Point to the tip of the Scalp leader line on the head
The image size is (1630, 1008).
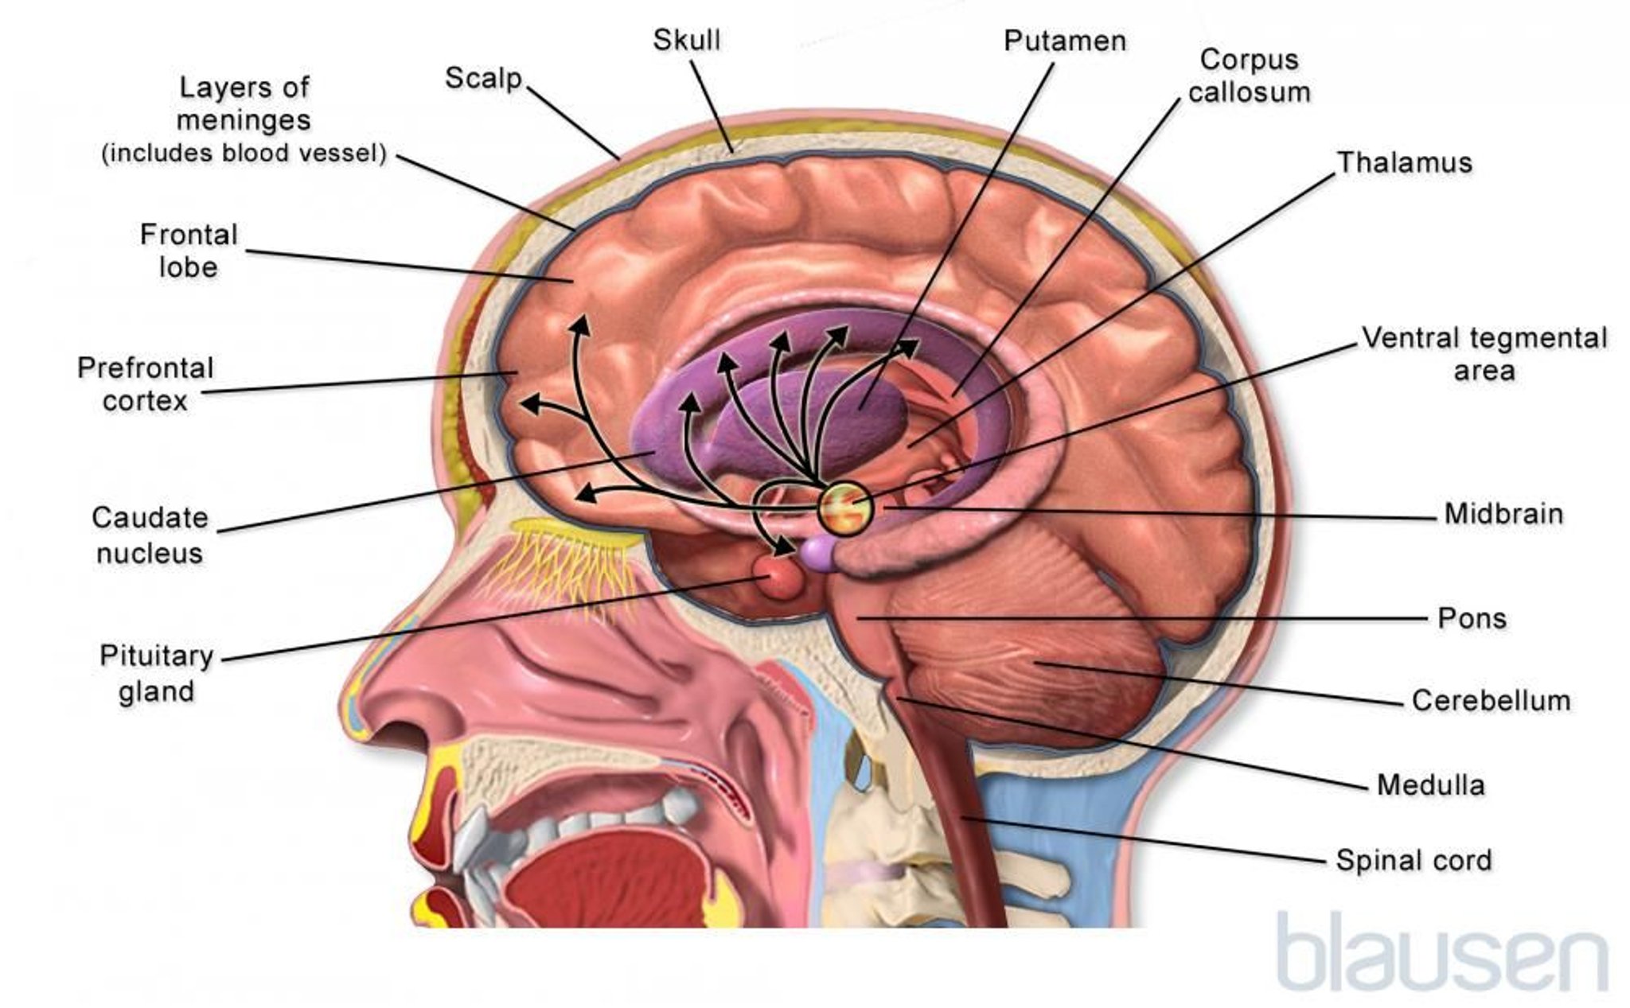[x=620, y=158]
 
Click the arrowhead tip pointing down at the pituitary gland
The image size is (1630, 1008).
[x=794, y=548]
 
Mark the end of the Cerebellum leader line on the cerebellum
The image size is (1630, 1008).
[x=1035, y=662]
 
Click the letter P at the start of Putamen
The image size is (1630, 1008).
[x=1013, y=41]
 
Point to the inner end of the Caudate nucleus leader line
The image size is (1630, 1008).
[x=654, y=450]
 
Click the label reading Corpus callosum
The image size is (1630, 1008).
[x=1250, y=76]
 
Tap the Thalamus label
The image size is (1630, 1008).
[x=1405, y=162]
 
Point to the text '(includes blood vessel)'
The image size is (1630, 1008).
[x=244, y=153]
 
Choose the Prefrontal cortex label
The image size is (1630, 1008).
[x=146, y=383]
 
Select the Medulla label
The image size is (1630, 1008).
[x=1431, y=785]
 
